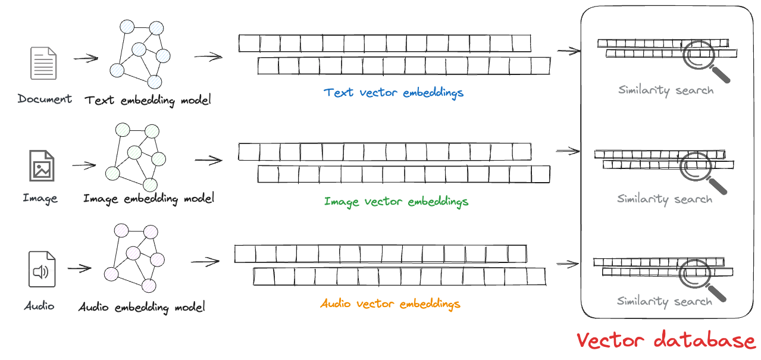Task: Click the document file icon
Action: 43,64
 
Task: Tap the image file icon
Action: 42,166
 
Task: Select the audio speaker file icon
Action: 42,270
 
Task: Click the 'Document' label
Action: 45,99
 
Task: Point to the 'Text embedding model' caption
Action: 148,100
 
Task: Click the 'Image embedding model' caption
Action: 149,198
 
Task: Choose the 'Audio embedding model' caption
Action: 142,307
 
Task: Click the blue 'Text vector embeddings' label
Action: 393,93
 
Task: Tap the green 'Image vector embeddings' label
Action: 396,202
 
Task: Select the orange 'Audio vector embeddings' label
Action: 390,304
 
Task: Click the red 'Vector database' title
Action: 666,340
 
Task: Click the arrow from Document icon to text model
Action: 86,58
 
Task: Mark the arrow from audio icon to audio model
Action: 79,268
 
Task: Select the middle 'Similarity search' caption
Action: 665,199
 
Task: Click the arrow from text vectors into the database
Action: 568,51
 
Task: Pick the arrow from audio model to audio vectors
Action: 206,261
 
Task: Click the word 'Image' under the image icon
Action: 40,198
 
